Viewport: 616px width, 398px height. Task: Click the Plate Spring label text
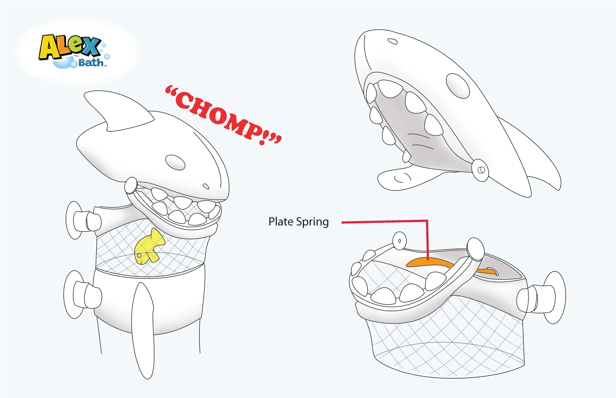pyautogui.click(x=298, y=222)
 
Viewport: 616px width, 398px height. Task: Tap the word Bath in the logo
pyautogui.click(x=91, y=63)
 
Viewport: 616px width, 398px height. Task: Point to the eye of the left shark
pyautogui.click(x=175, y=162)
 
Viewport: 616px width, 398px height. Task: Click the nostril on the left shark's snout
pyautogui.click(x=206, y=186)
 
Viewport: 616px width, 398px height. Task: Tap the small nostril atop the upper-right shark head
pyautogui.click(x=393, y=41)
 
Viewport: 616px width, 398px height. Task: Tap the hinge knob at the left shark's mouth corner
pyautogui.click(x=131, y=185)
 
